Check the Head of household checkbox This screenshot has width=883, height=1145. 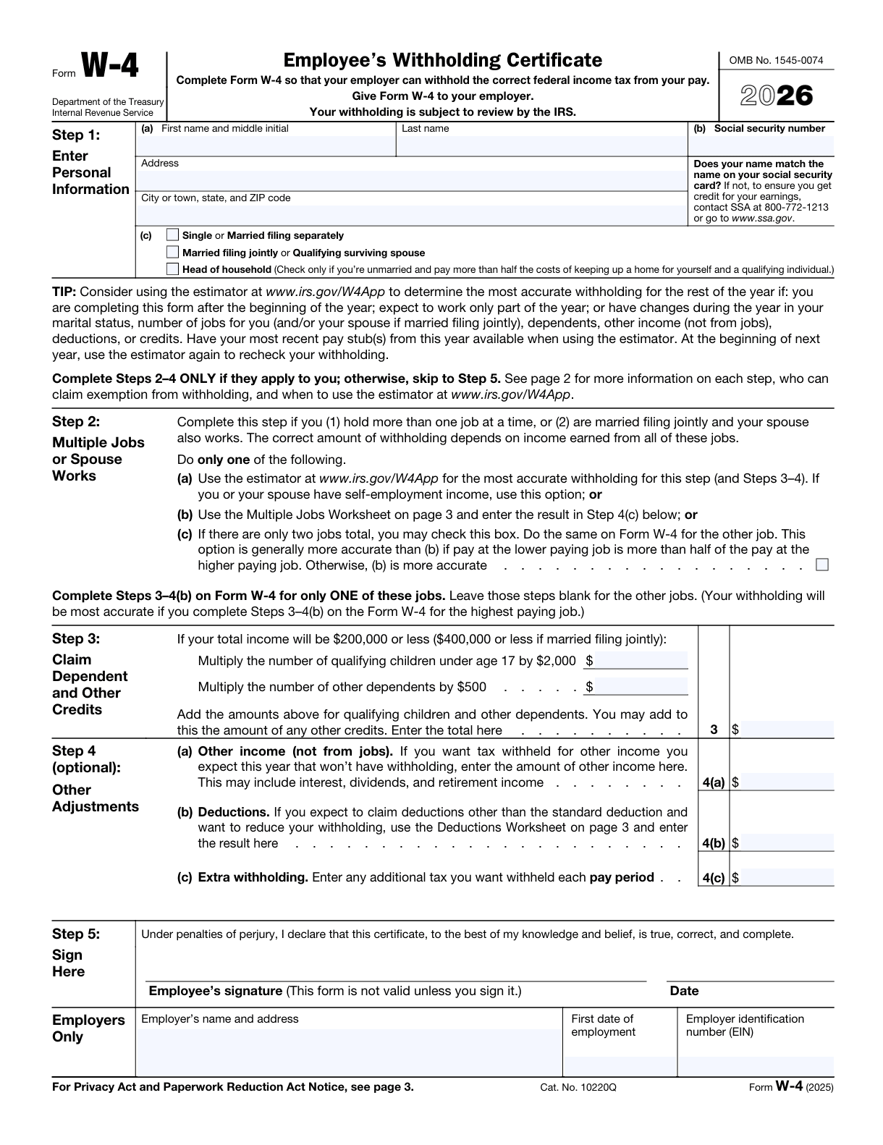point(172,269)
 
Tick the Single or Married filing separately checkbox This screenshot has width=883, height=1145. point(172,235)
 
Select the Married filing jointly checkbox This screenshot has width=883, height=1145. point(172,253)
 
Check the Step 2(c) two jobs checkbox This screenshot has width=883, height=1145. point(821,565)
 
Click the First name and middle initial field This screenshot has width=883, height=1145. point(266,146)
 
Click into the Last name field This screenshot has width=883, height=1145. point(541,146)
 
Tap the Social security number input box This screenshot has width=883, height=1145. point(761,146)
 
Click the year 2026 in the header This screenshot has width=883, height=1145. point(777,96)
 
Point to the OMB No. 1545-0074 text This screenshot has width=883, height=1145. point(776,61)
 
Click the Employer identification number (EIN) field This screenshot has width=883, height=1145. point(756,1065)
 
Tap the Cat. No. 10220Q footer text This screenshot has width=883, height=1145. point(578,1087)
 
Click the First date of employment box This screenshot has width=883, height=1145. point(620,1065)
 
